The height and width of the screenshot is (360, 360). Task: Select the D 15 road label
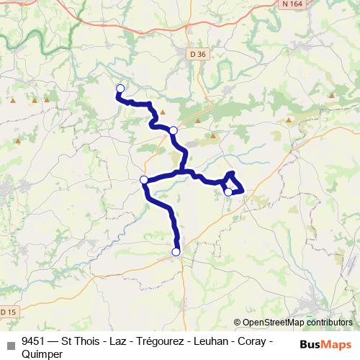(x=6, y=312)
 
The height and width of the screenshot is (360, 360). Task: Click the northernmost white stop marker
(x=120, y=89)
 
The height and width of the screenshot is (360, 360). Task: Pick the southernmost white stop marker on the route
(x=176, y=252)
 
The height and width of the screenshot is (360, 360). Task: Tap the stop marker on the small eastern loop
(x=228, y=192)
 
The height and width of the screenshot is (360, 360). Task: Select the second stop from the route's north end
(x=174, y=130)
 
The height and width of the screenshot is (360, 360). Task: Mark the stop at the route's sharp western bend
(x=144, y=179)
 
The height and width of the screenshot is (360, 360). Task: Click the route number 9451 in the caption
(x=35, y=341)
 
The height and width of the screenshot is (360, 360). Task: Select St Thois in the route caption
(x=81, y=341)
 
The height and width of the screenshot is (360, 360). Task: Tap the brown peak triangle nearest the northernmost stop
(x=163, y=112)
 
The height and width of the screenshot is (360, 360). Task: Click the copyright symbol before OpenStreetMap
(x=238, y=323)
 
